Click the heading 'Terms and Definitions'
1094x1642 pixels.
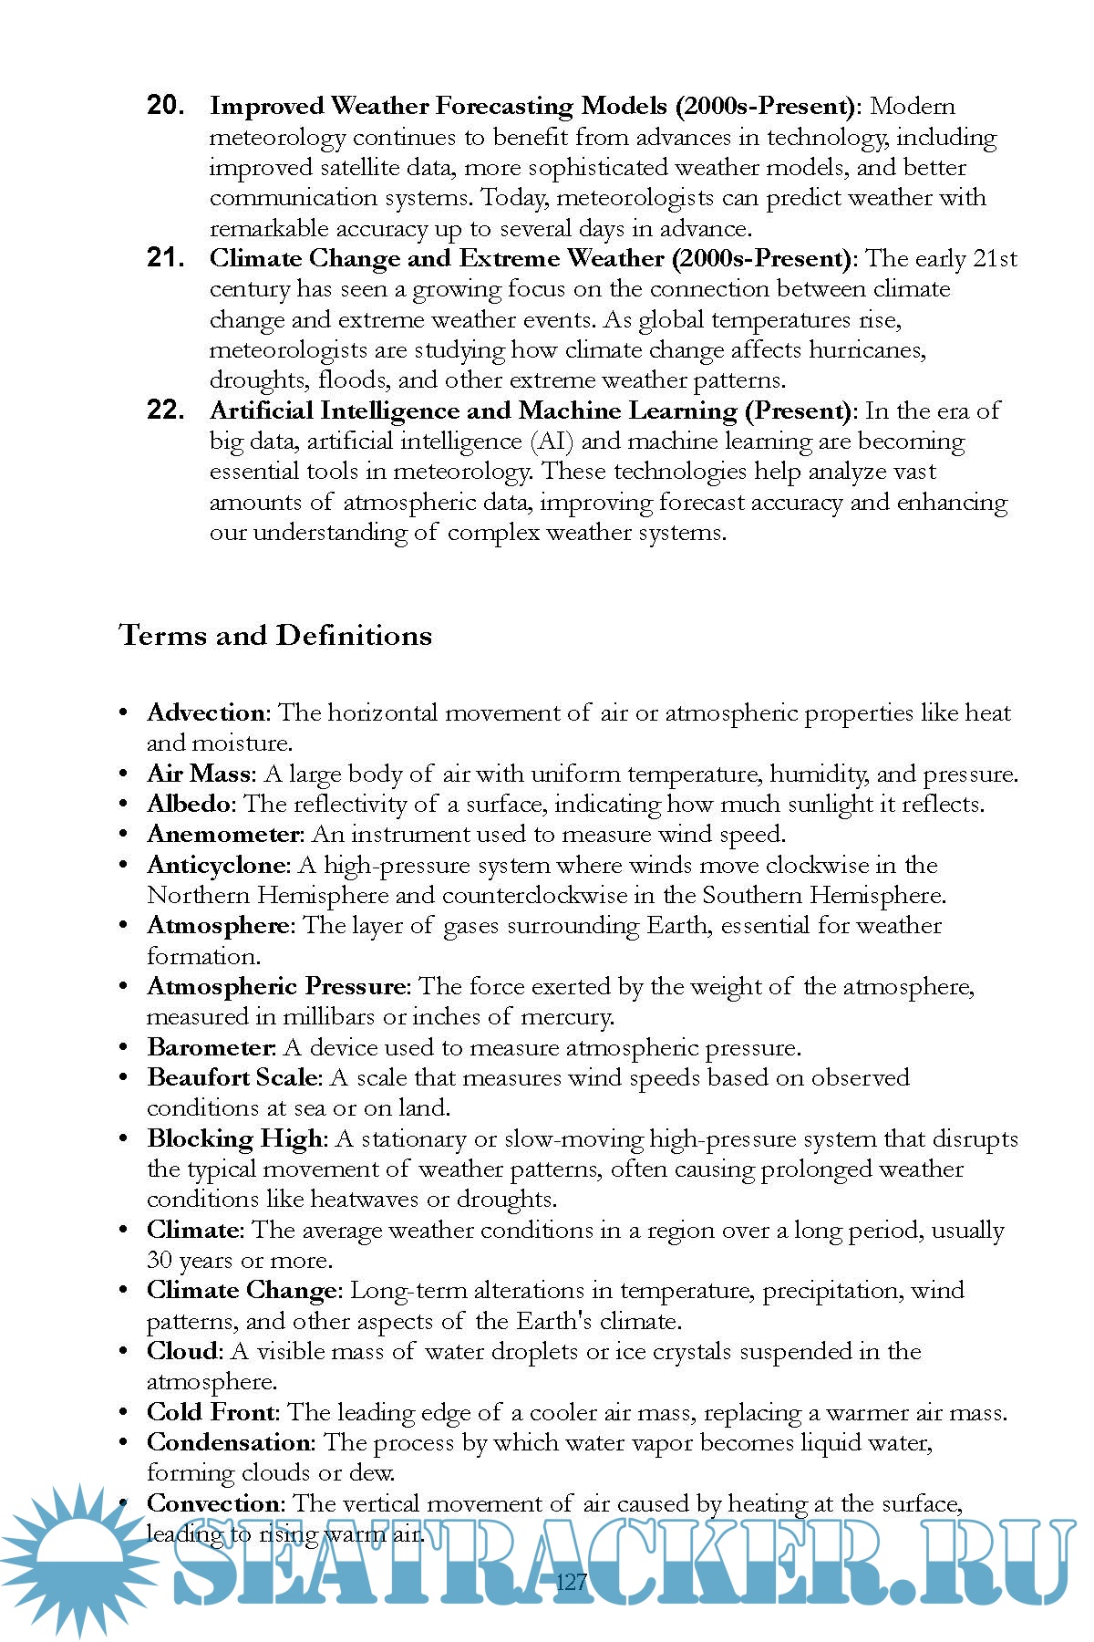point(275,635)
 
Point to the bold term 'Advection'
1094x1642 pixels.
point(206,712)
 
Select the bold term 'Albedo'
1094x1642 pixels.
point(191,804)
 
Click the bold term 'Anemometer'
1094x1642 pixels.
point(223,834)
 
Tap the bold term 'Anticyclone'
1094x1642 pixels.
point(218,865)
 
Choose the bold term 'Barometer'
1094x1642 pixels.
point(211,1047)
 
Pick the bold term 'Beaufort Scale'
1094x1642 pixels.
point(232,1077)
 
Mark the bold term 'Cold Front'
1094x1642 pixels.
point(212,1412)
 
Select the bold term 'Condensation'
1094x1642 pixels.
point(229,1442)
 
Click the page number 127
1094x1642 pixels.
point(571,1582)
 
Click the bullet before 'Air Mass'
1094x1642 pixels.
point(124,774)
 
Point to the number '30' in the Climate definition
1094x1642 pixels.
point(160,1261)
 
